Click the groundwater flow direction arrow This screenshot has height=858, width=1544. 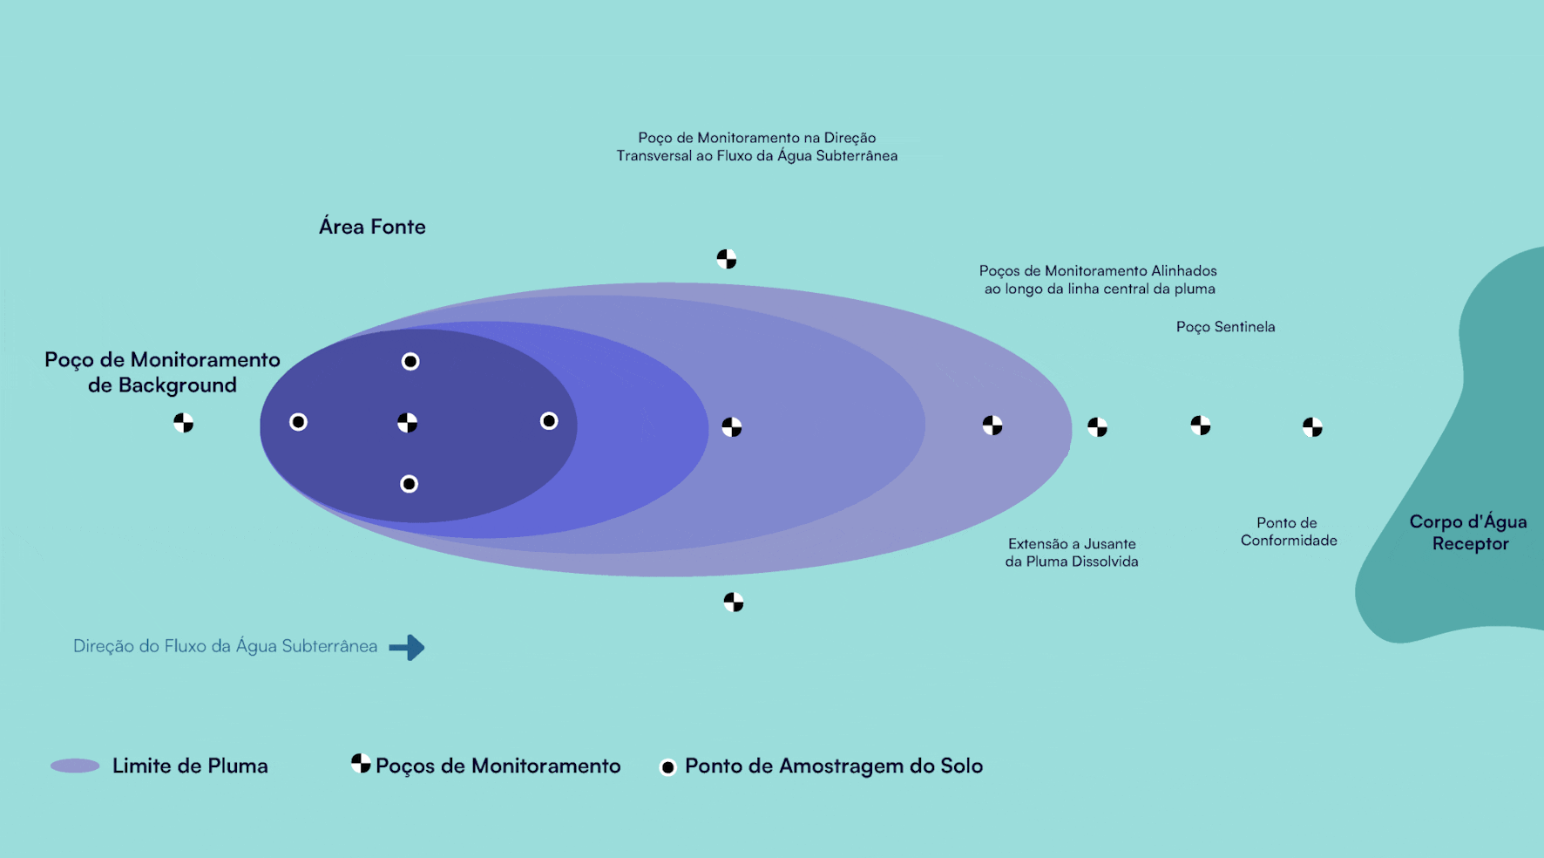pyautogui.click(x=407, y=647)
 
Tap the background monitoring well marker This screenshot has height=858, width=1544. pyautogui.click(x=183, y=423)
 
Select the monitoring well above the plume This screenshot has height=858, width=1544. pyautogui.click(x=727, y=259)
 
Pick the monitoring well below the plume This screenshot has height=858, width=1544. pyautogui.click(x=734, y=602)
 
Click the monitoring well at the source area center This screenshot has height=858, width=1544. pyautogui.click(x=407, y=423)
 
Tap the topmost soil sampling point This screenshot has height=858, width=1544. pyautogui.click(x=410, y=361)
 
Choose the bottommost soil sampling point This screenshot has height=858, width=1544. pyautogui.click(x=409, y=484)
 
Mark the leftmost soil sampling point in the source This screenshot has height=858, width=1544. pyautogui.click(x=298, y=422)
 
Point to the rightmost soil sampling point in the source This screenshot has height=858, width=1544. pyautogui.click(x=549, y=421)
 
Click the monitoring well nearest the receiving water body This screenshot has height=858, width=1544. pyautogui.click(x=1312, y=426)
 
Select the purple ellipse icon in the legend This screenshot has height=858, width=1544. pyautogui.click(x=75, y=766)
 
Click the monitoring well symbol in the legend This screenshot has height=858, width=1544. pyautogui.click(x=361, y=764)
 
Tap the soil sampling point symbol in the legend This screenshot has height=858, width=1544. pyautogui.click(x=668, y=767)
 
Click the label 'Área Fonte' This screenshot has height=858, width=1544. pyautogui.click(x=372, y=227)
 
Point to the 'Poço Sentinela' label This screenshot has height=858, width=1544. pyautogui.click(x=1225, y=327)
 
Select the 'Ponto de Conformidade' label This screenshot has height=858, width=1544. pyautogui.click(x=1289, y=532)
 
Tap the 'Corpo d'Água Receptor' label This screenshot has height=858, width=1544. pyautogui.click(x=1469, y=533)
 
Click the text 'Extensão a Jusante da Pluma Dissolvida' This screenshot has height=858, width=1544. pyautogui.click(x=1072, y=553)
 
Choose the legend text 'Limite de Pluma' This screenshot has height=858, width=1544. pyautogui.click(x=190, y=766)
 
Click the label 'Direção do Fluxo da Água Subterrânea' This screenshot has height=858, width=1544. pyautogui.click(x=225, y=646)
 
